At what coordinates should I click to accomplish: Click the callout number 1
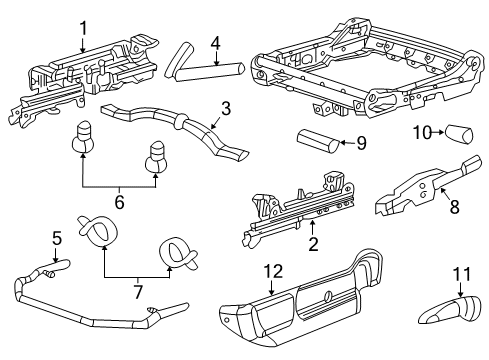click(83, 28)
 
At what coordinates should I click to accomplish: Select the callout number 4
click(216, 43)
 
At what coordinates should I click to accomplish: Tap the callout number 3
click(226, 109)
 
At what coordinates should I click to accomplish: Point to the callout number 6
click(119, 202)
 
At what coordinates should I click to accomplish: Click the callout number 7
click(138, 291)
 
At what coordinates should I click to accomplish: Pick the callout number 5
click(57, 238)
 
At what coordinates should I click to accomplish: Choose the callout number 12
click(273, 271)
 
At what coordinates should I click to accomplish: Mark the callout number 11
click(462, 274)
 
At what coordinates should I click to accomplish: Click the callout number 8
click(455, 206)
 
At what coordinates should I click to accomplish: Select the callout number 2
click(313, 244)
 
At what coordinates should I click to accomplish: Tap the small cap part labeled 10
click(459, 134)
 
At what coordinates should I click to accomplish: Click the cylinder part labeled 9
click(318, 142)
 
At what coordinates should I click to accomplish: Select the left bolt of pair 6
click(83, 137)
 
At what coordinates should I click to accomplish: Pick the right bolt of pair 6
click(156, 157)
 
